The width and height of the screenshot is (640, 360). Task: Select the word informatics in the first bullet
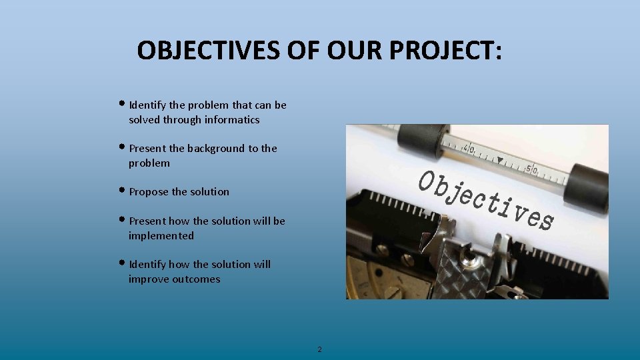tap(232, 120)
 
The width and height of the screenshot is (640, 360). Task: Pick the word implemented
tap(161, 236)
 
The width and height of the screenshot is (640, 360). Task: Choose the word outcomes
tap(196, 279)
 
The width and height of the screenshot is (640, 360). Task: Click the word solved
tap(145, 120)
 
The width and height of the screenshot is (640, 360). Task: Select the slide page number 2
tap(319, 349)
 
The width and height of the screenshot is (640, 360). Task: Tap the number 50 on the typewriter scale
tap(531, 169)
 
